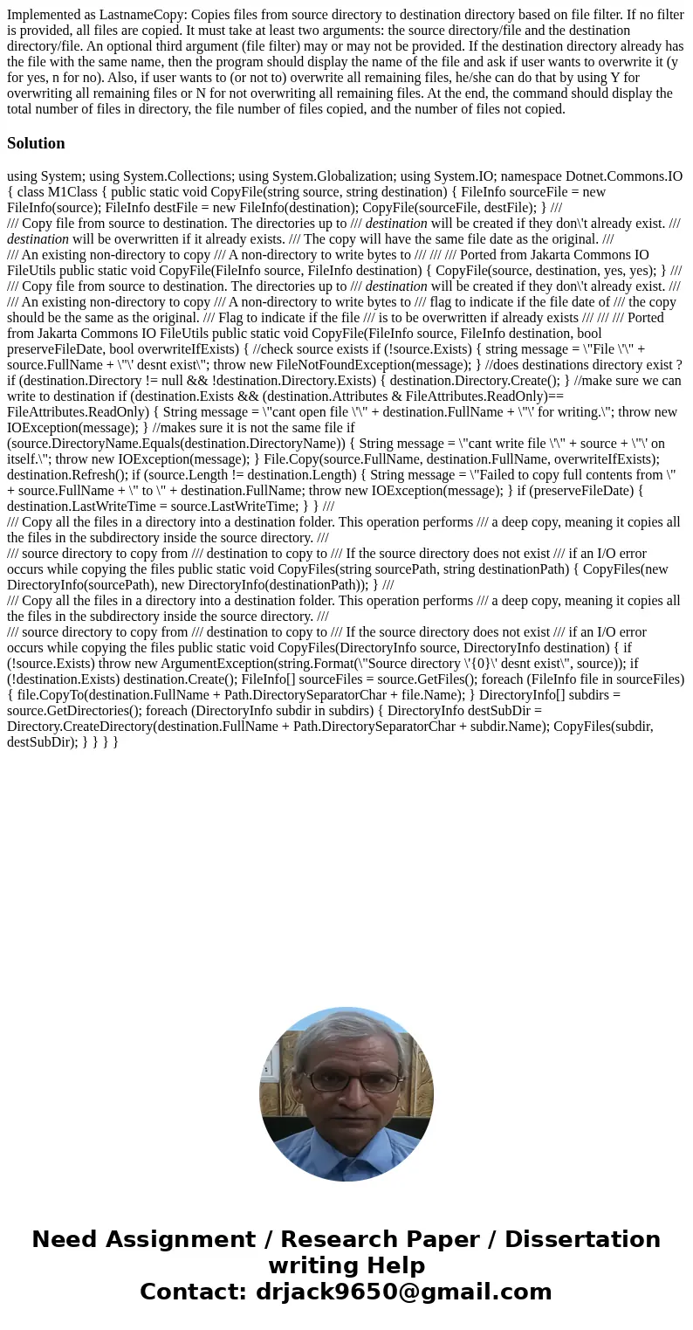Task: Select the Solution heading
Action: [36, 143]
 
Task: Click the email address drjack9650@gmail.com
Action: [404, 1292]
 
